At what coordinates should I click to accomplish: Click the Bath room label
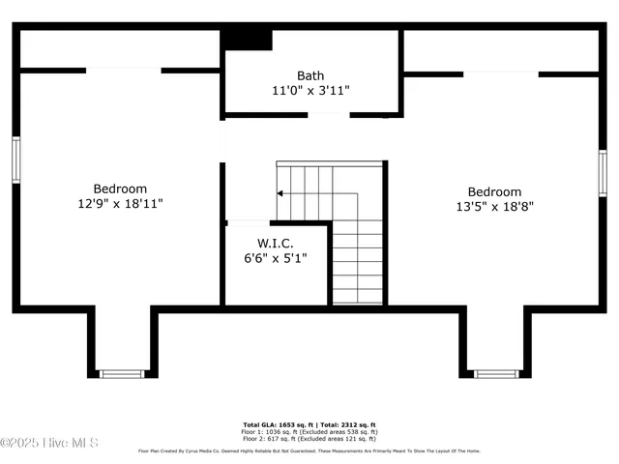pos(310,75)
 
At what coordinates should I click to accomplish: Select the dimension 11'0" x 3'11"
pos(310,90)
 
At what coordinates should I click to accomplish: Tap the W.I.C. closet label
pos(275,244)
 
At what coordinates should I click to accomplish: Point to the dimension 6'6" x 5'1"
pos(275,258)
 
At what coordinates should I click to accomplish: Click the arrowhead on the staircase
pos(280,193)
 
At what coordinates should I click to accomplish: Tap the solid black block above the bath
pos(248,39)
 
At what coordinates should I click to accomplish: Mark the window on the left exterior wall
pos(16,159)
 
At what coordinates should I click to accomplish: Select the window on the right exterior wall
pos(602,165)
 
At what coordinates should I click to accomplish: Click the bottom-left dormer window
pos(122,373)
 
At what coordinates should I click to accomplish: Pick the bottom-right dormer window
pos(495,373)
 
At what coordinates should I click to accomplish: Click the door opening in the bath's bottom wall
pos(329,115)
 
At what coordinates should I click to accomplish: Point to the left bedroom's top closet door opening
pos(124,70)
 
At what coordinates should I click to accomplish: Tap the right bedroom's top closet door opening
pos(500,73)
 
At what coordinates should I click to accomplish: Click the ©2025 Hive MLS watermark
pos(49,443)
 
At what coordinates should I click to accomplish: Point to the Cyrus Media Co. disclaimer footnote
pos(309,450)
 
